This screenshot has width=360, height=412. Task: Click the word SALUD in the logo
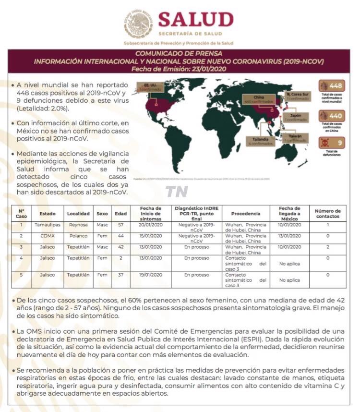tap(195, 20)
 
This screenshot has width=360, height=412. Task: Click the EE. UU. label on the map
tap(148, 87)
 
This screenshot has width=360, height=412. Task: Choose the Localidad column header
tap(78, 214)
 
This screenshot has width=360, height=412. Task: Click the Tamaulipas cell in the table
tap(47, 224)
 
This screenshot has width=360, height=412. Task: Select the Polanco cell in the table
tap(78, 236)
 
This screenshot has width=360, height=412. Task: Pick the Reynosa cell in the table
tap(78, 224)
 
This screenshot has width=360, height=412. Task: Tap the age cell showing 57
tap(120, 224)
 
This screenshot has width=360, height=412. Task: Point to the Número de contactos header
tap(327, 214)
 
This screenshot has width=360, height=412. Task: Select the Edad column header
tap(120, 214)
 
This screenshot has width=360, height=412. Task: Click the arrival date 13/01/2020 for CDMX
tap(289, 236)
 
